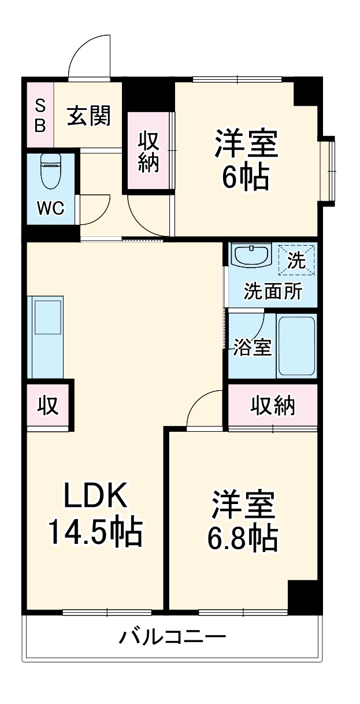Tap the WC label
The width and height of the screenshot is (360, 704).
coord(50,209)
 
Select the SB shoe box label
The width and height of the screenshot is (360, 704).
coord(40,116)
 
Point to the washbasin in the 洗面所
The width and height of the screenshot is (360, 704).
coord(251,255)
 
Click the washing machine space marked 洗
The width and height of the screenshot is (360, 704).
coord(296,260)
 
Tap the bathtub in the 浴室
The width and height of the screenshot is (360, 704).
coord(296,345)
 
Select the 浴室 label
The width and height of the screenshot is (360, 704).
coord(253,347)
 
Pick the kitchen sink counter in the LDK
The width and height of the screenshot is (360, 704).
coord(45,338)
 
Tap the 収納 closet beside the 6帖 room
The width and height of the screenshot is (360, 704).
coord(149,151)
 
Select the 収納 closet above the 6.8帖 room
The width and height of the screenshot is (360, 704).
coord(273,406)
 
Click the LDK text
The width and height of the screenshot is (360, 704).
coord(94,496)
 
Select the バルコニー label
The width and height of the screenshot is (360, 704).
coord(172,638)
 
